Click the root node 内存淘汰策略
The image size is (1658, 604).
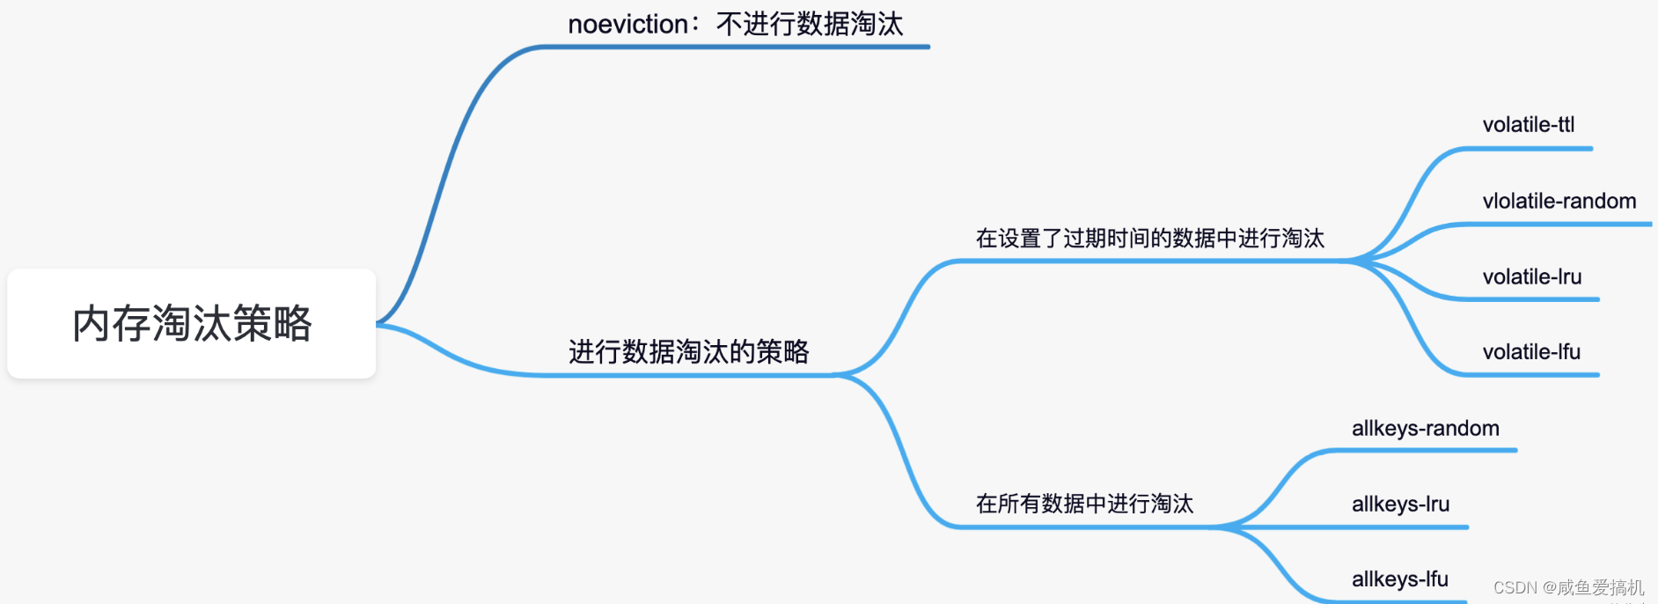(192, 324)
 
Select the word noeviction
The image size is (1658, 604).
(627, 25)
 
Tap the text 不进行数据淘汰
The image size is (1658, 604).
(810, 25)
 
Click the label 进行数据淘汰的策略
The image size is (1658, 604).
(688, 352)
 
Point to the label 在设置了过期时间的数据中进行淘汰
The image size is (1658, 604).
(1149, 239)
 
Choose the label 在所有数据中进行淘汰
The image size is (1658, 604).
(1084, 504)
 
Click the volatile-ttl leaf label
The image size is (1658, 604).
(1529, 125)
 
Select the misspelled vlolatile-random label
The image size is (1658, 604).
(1559, 202)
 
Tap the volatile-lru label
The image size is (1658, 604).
(1532, 277)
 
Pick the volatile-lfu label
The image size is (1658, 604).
(1531, 352)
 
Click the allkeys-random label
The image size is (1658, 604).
(1426, 429)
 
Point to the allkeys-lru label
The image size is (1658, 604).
(1400, 505)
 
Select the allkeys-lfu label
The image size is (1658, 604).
(1400, 579)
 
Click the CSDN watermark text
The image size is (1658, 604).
(1568, 587)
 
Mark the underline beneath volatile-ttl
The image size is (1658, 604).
(1531, 149)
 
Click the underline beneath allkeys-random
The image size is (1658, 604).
(1426, 451)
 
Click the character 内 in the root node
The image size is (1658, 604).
(91, 324)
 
